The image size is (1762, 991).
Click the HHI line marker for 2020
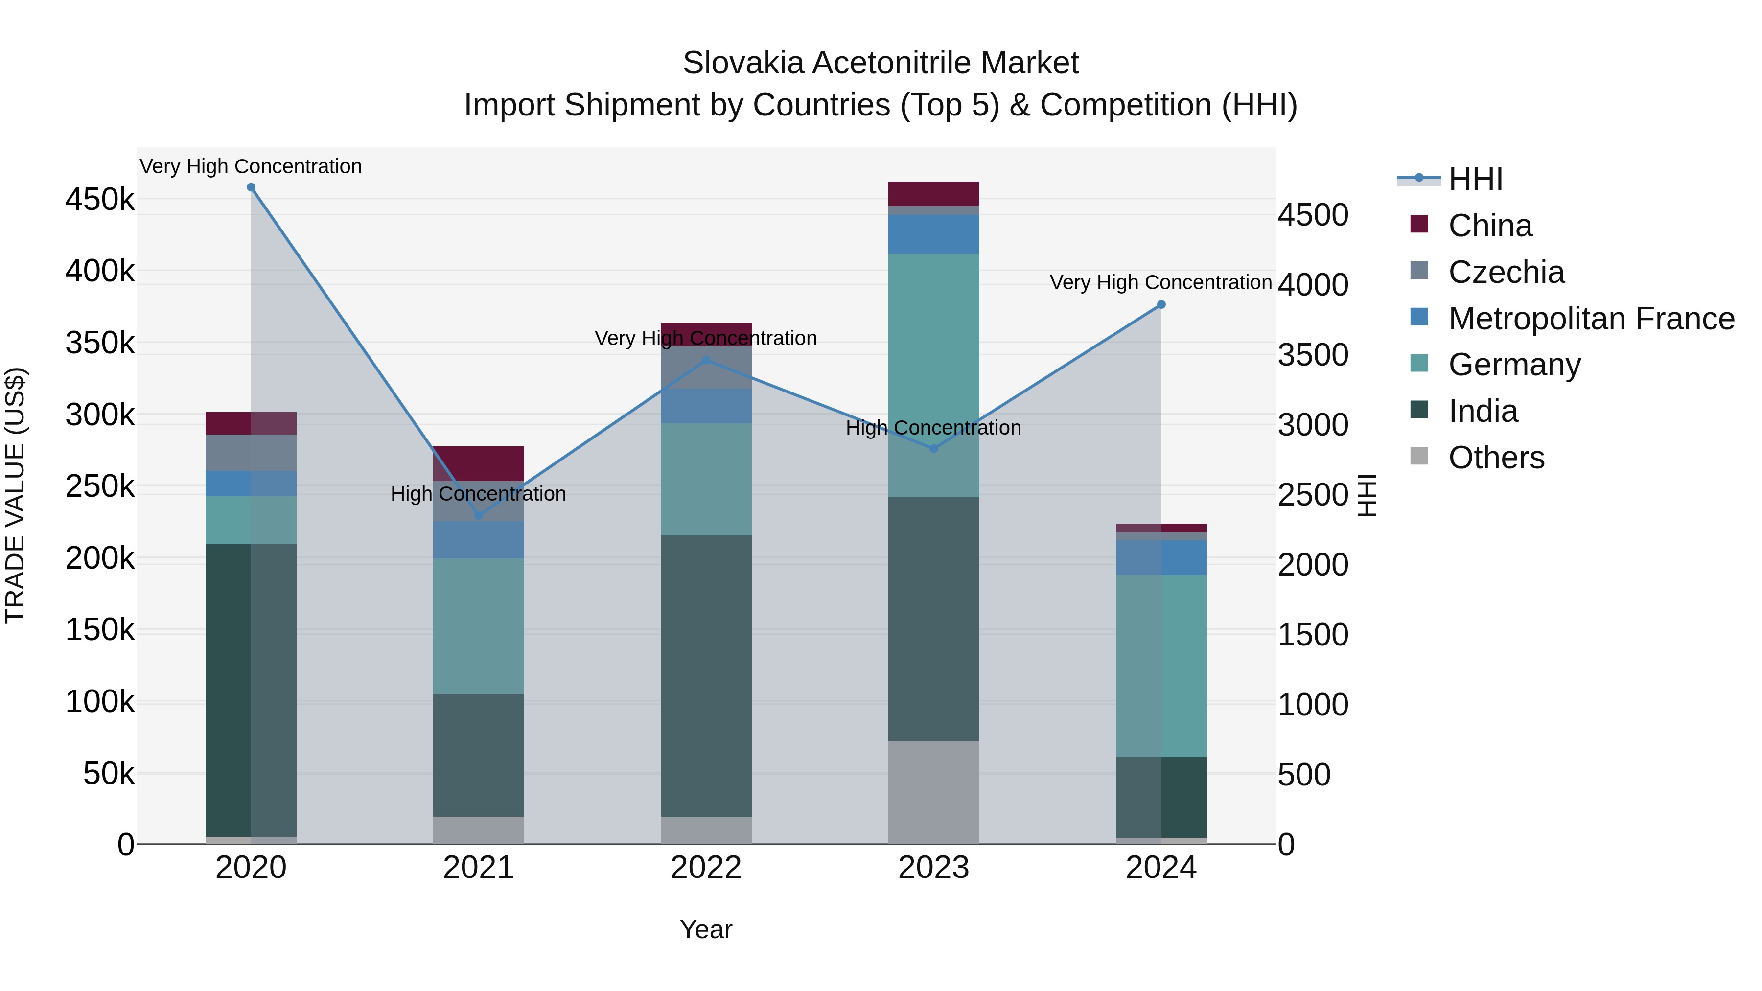(x=251, y=187)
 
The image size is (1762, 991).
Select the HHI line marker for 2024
(x=1161, y=305)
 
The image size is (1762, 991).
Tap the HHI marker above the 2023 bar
(x=934, y=449)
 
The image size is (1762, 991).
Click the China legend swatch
(x=1419, y=224)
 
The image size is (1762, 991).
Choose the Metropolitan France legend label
(x=1591, y=319)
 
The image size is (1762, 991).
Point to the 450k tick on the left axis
(x=100, y=200)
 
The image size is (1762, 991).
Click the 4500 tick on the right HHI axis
(x=1313, y=215)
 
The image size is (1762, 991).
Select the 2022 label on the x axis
(x=706, y=868)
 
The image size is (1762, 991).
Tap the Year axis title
(x=706, y=929)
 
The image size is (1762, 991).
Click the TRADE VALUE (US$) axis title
(x=16, y=495)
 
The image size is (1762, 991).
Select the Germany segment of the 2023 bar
(x=934, y=375)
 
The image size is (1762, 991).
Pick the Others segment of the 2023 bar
(x=934, y=792)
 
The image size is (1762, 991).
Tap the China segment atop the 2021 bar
(x=478, y=464)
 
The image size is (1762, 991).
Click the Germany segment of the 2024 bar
(x=1161, y=666)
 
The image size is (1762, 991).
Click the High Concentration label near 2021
(x=478, y=494)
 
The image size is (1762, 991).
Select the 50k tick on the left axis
(x=108, y=774)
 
